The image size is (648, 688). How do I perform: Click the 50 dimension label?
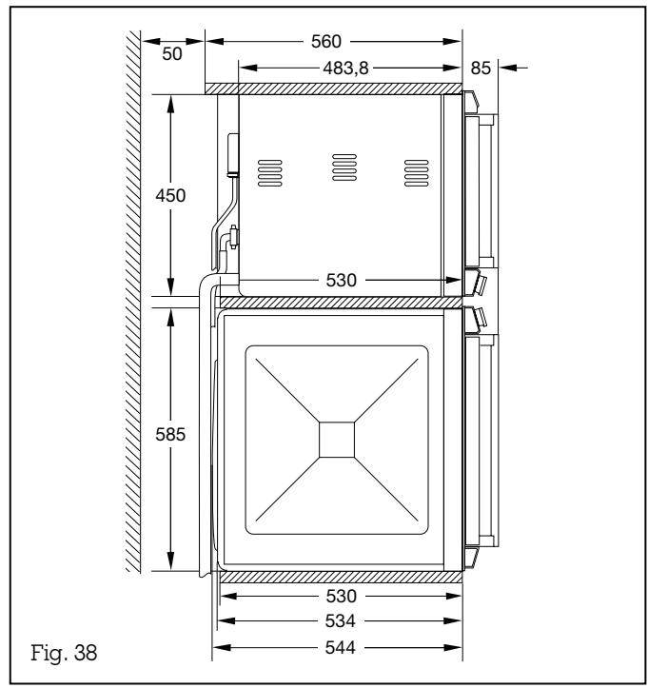171,54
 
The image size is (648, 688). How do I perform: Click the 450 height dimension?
172,195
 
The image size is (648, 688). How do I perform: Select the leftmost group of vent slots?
271,169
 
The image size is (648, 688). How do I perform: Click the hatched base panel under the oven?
338,577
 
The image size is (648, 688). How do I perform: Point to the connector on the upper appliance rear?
231,155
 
